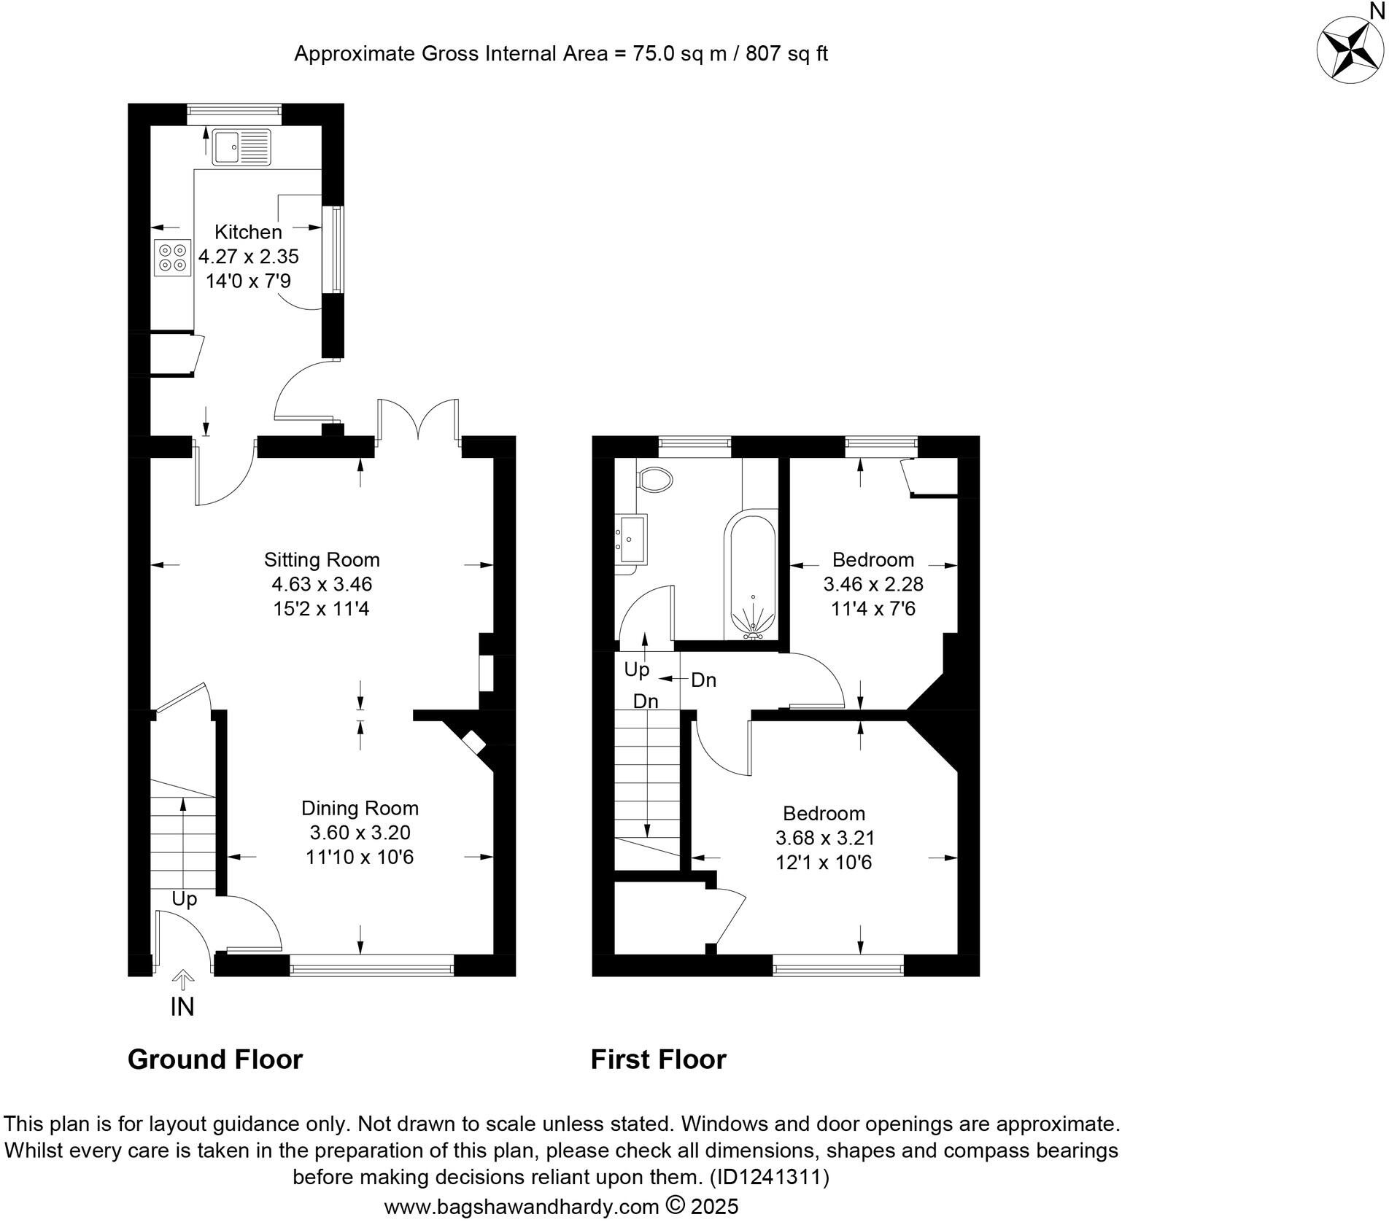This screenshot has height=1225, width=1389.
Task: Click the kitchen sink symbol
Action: coord(241,147)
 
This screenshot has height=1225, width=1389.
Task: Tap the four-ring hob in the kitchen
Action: coord(173,257)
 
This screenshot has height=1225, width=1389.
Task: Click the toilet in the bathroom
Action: coord(654,480)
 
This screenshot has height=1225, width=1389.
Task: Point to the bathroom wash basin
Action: coord(632,539)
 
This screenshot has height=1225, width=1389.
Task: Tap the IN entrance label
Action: coord(182,1007)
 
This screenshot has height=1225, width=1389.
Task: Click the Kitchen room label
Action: coord(248,232)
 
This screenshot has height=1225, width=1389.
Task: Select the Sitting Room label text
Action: coord(322,560)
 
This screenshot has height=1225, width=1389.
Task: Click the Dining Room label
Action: coord(360,808)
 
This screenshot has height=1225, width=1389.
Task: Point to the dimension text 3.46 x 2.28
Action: coord(873,584)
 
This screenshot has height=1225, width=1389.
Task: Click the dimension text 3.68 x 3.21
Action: coord(824,838)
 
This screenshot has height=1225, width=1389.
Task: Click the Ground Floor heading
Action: coord(214,1059)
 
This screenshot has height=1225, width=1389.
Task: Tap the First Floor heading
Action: coord(658,1059)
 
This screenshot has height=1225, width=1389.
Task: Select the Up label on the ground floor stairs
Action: coord(184,899)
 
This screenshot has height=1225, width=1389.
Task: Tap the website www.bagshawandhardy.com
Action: coord(521,1207)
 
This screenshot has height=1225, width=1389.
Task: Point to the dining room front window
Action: coord(372,968)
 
